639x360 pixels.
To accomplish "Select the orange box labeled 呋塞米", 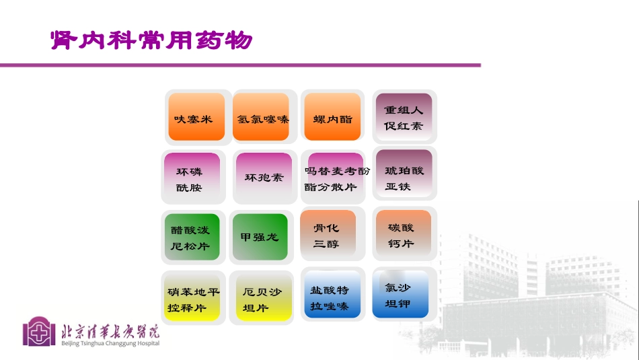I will (x=196, y=118).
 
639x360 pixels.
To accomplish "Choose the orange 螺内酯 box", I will (x=332, y=118).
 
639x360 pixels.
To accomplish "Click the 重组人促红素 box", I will (x=404, y=117).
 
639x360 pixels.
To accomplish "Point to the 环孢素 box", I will (x=264, y=178).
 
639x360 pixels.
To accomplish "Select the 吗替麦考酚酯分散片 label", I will (x=336, y=178).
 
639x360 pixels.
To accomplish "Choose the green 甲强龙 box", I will (x=260, y=237).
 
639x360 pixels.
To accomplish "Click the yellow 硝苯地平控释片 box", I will (x=194, y=298).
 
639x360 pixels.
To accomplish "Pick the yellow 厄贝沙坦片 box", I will (x=264, y=299).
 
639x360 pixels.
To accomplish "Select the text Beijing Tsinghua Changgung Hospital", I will (x=110, y=344).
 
